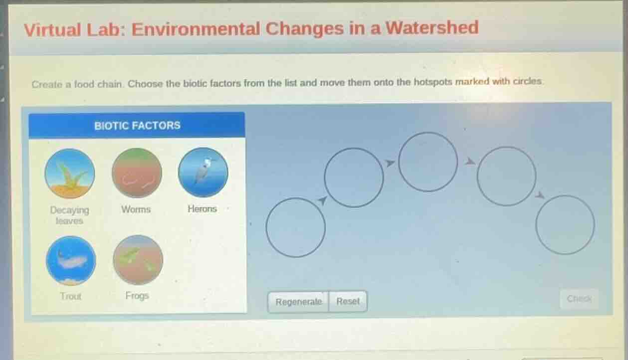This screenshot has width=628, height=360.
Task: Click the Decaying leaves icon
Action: [x=70, y=174]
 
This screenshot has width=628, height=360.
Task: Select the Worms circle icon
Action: [x=137, y=173]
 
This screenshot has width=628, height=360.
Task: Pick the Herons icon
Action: [x=203, y=172]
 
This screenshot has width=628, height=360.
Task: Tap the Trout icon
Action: [x=71, y=261]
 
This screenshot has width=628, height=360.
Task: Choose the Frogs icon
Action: [x=138, y=260]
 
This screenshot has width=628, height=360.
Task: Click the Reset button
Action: [x=348, y=302]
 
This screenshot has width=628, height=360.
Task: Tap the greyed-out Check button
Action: [x=579, y=299]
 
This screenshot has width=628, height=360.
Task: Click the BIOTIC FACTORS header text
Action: [x=137, y=126]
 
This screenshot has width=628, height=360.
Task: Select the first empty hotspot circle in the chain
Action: [x=296, y=227]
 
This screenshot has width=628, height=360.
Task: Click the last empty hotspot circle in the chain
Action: [x=565, y=225]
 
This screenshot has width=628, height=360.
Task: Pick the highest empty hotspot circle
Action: [x=428, y=162]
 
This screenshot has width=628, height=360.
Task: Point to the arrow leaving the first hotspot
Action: [x=323, y=200]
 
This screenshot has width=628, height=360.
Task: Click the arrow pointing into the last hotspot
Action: [x=539, y=195]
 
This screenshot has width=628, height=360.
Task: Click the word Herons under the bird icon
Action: [x=202, y=209]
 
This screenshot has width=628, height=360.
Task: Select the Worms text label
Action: [x=136, y=209]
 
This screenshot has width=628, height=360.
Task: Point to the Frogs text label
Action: [x=137, y=296]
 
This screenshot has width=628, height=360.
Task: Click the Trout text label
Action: [x=70, y=296]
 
